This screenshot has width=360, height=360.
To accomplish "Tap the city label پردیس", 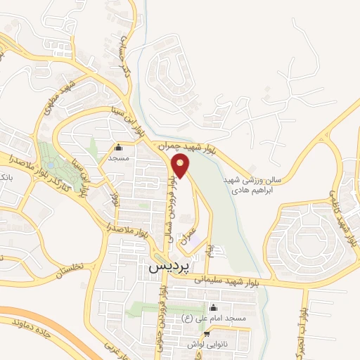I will pyautogui.click(x=165, y=269).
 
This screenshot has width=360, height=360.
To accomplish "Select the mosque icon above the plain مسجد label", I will pyautogui.click(x=117, y=148).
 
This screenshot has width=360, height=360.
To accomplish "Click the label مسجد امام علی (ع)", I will pyautogui.click(x=214, y=319).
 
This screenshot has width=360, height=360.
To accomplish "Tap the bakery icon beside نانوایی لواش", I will pyautogui.click(x=206, y=335).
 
